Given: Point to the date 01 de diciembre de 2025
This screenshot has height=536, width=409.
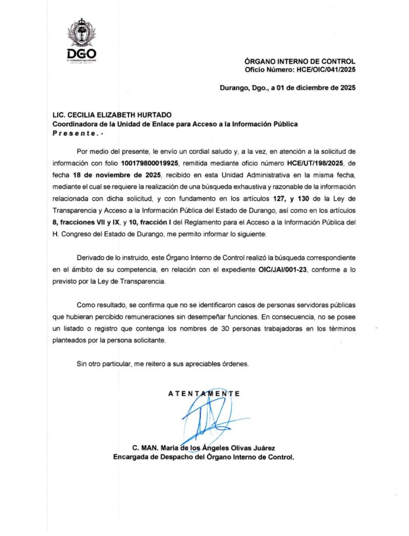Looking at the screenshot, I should (x=316, y=87).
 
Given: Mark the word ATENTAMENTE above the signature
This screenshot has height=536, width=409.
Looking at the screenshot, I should (x=204, y=394).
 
